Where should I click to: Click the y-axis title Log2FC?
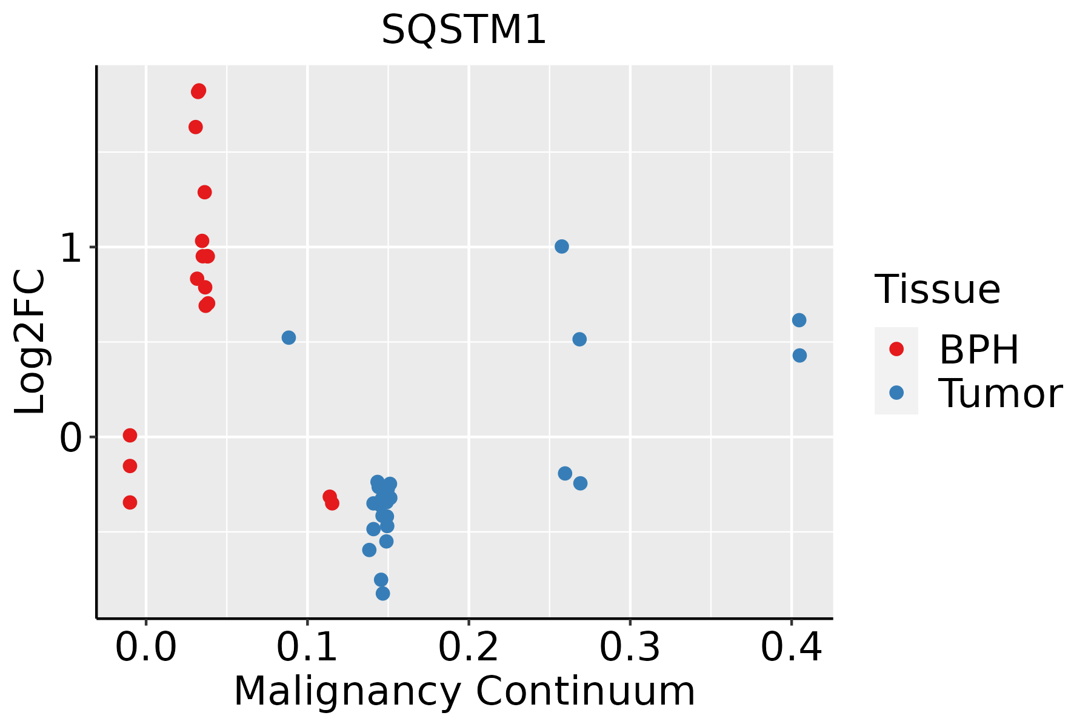[x=30, y=342]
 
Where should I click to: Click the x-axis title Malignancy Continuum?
[x=464, y=691]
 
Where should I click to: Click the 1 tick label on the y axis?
[x=72, y=247]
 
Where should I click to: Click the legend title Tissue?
[x=937, y=290]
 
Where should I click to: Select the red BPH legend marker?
[x=896, y=348]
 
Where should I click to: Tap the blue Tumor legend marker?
[x=896, y=393]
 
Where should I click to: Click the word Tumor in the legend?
[x=1000, y=394]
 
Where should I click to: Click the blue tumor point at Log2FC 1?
[x=562, y=247]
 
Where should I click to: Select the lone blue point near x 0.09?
[x=289, y=337]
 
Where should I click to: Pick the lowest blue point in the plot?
[x=382, y=593]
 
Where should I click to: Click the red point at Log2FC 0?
[x=130, y=435]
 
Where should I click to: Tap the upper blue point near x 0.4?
[x=799, y=320]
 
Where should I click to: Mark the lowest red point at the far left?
[x=130, y=502]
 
